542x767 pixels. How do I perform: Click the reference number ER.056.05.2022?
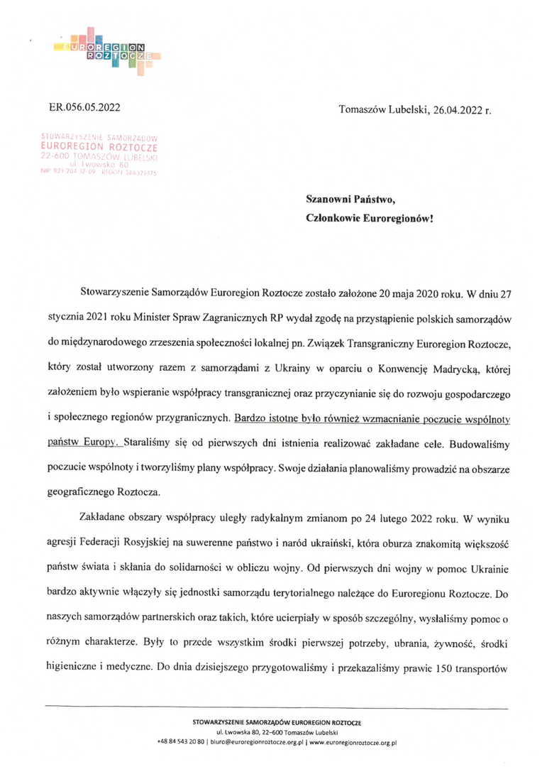tap(84, 109)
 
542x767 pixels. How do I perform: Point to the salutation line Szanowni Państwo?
tap(345, 201)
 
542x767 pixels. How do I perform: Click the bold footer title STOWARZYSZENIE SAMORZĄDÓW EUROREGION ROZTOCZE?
tap(277, 722)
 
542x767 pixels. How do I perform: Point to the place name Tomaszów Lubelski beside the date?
tap(382, 109)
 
